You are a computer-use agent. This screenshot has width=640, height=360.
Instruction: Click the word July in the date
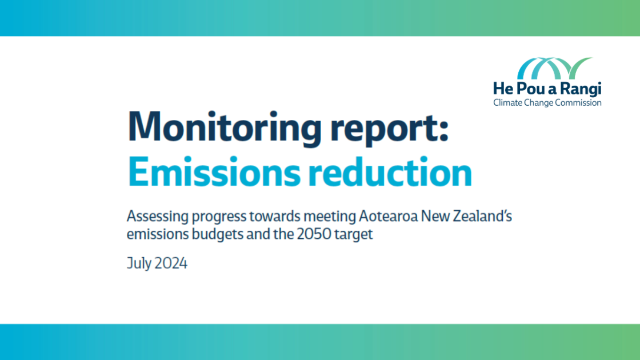138,264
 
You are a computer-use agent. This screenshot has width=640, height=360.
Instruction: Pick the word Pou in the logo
529,89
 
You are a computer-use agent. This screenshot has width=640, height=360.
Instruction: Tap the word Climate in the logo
506,103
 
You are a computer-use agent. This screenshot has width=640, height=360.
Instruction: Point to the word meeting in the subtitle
330,218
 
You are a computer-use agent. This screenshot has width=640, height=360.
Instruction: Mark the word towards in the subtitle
268,217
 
